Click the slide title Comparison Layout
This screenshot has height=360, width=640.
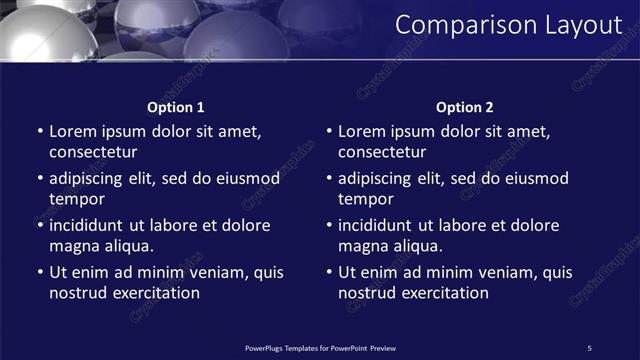(x=508, y=25)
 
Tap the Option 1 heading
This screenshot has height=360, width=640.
(x=176, y=107)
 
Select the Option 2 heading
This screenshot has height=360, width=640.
(x=465, y=107)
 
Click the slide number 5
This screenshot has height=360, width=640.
(x=589, y=347)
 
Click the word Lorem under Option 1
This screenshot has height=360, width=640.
(x=73, y=131)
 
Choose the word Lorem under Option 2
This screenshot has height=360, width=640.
(x=362, y=131)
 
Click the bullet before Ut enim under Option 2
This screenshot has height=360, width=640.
(x=329, y=272)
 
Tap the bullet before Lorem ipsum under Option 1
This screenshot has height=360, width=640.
(x=40, y=131)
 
